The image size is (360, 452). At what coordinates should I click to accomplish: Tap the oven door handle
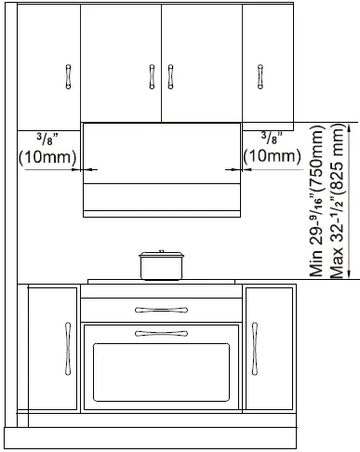point(161,333)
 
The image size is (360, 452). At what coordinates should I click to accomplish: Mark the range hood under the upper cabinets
point(161,167)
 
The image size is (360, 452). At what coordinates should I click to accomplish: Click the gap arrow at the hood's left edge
point(88,170)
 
